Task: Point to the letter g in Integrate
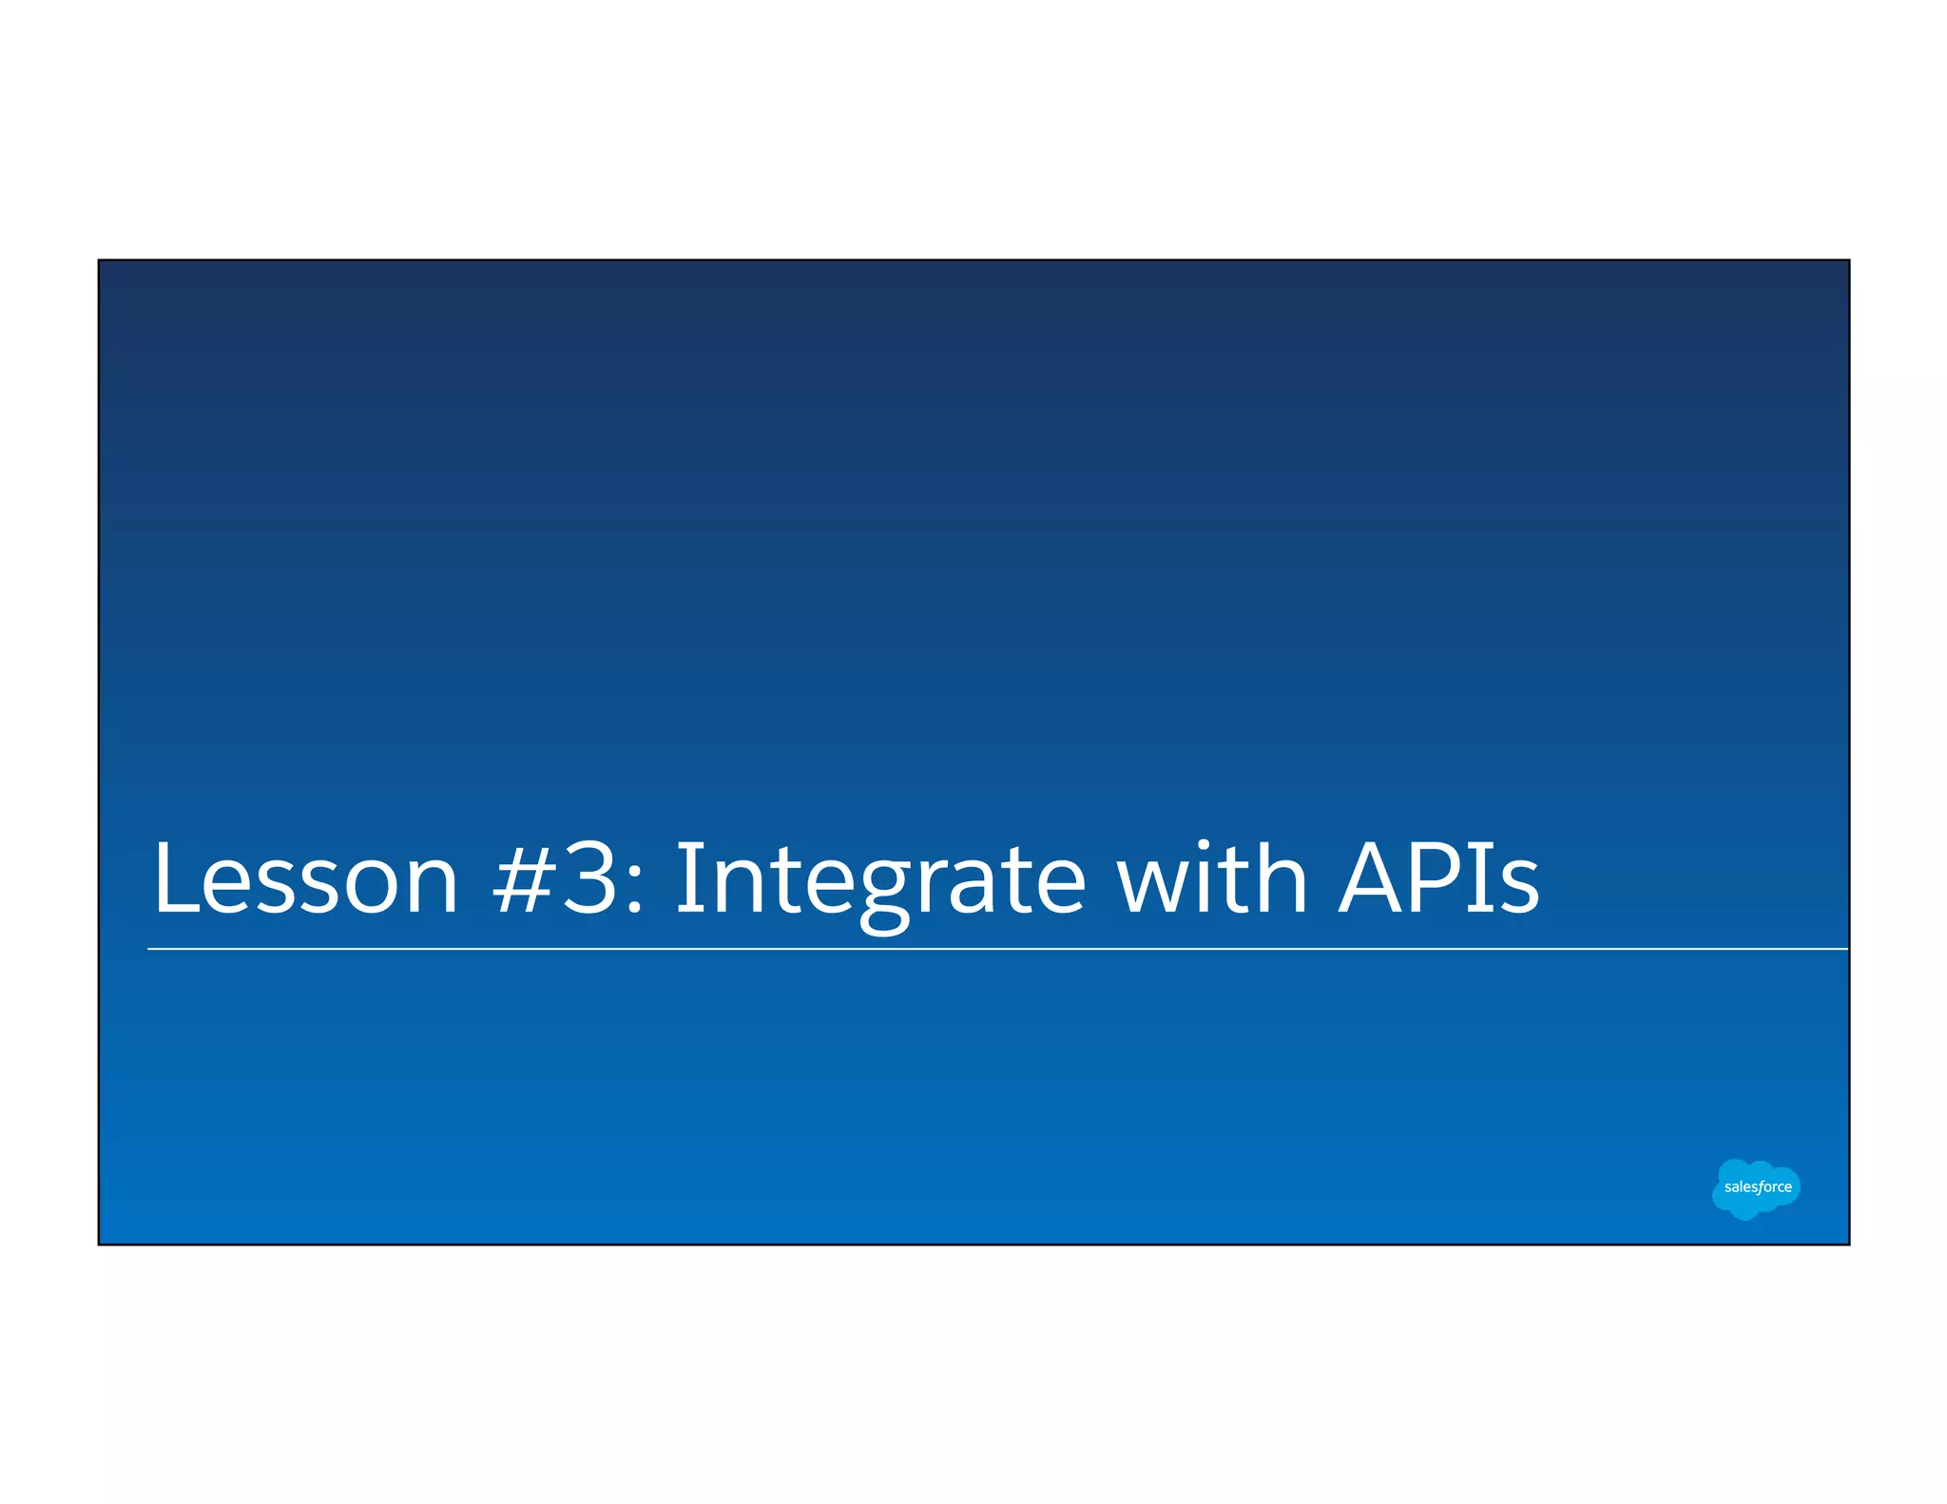(882, 894)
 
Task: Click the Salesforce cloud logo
(1756, 1188)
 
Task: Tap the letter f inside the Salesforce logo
(1760, 1187)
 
